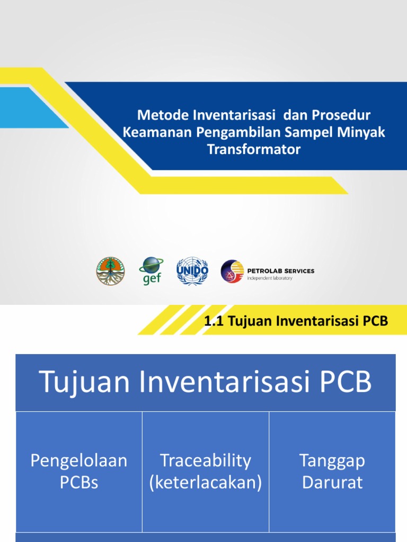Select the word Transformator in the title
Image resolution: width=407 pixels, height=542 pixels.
point(254,150)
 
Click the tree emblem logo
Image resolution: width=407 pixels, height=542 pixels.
point(110,271)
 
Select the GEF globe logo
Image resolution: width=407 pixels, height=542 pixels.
point(151,271)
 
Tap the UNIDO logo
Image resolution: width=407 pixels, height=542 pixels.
point(192,271)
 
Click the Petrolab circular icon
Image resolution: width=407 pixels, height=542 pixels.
point(232,271)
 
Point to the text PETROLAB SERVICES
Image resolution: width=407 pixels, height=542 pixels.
point(281,270)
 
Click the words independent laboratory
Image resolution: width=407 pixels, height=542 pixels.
point(270,278)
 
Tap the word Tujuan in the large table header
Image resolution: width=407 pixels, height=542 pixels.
point(85,383)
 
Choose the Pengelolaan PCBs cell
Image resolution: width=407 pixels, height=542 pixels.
point(79,471)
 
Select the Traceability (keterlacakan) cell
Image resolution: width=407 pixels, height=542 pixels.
point(206,471)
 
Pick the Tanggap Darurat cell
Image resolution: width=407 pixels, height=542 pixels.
point(332,471)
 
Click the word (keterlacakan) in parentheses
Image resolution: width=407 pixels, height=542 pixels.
point(206,483)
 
